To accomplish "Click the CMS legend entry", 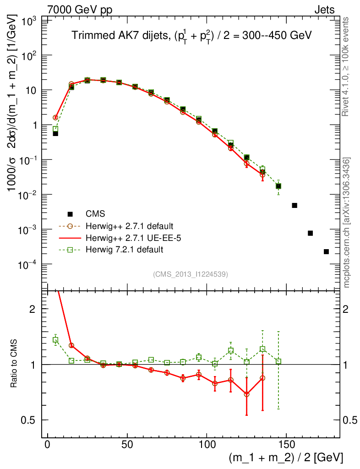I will (x=95, y=214).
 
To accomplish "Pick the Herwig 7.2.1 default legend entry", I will (x=124, y=250).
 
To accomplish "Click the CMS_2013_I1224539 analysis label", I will (x=191, y=274).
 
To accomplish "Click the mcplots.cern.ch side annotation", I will (x=347, y=222).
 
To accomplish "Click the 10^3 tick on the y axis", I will (x=29, y=21).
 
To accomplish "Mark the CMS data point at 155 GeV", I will (x=295, y=205).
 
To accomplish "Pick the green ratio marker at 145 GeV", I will (x=278, y=361).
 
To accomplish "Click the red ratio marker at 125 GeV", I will (x=246, y=394).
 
